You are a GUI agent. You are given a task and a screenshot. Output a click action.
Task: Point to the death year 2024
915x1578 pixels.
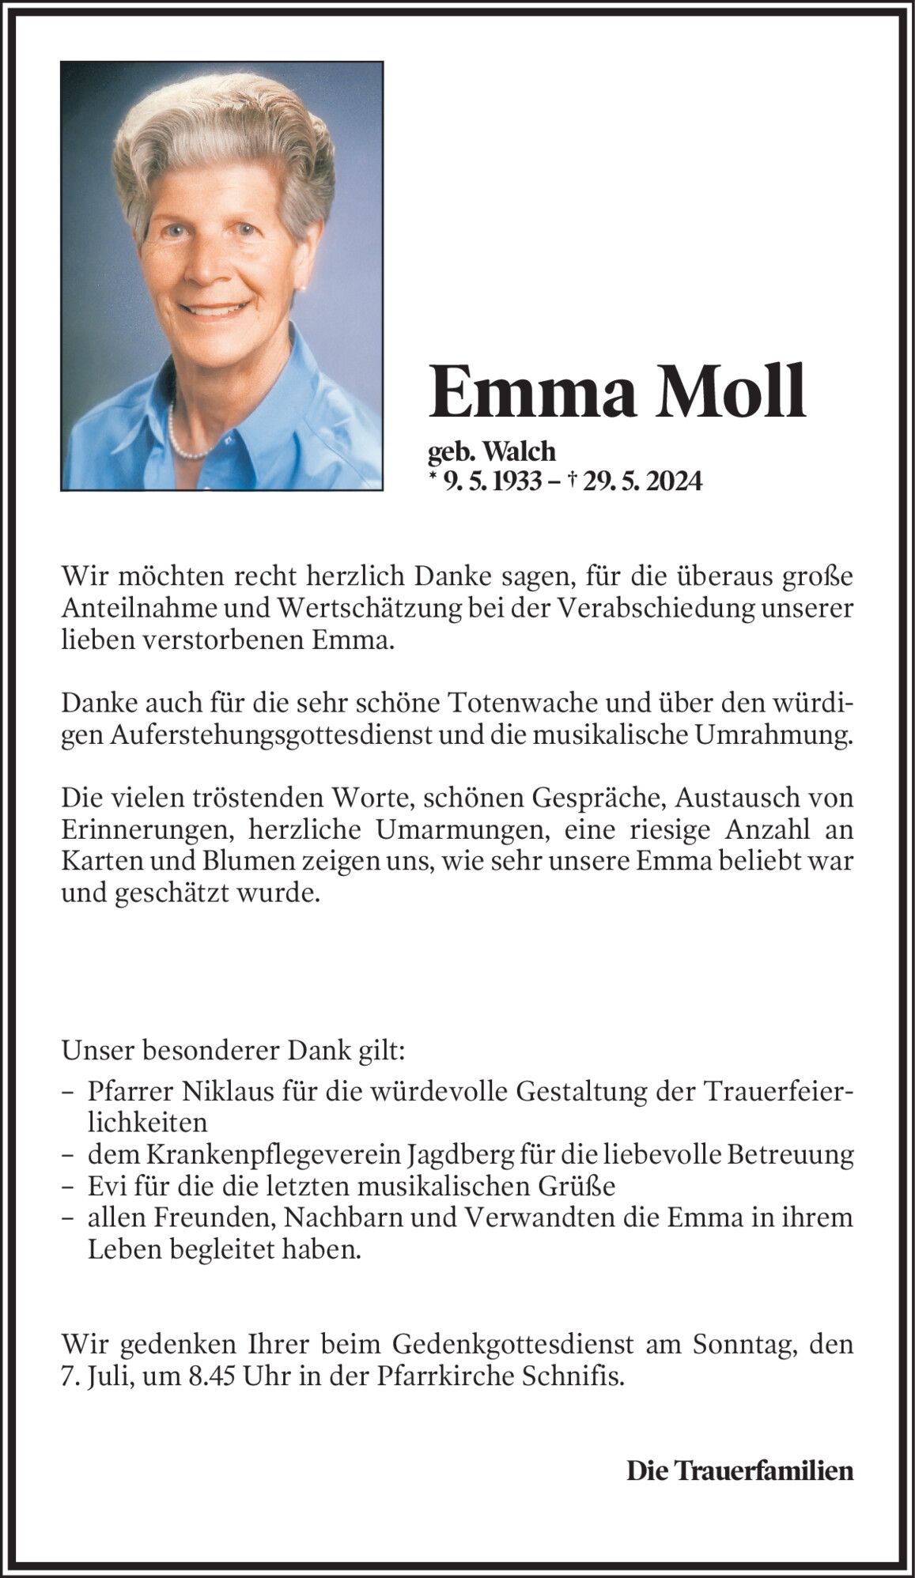click(x=673, y=481)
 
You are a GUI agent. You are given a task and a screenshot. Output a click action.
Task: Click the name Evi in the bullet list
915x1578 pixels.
click(x=105, y=1187)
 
